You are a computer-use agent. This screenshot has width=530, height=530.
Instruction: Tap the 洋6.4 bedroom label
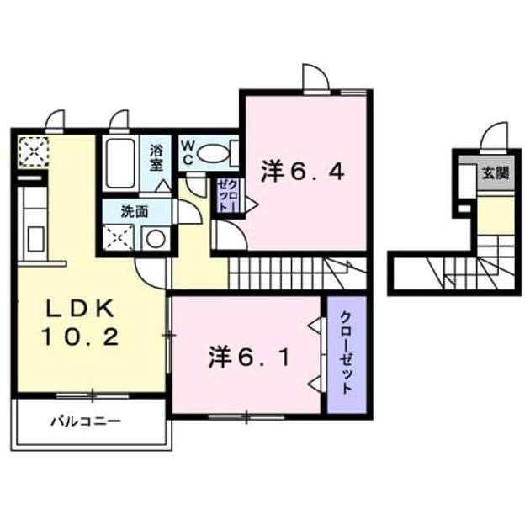tap(303, 172)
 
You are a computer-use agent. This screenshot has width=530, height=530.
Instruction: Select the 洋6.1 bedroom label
tap(249, 358)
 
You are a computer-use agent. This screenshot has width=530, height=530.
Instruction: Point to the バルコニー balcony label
tap(86, 421)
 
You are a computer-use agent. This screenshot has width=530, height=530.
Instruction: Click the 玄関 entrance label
tap(496, 174)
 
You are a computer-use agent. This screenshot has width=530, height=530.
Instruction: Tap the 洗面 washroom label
tap(135, 212)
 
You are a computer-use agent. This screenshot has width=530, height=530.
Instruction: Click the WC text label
tap(187, 153)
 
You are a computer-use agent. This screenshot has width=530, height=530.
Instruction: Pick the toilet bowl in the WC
tap(212, 154)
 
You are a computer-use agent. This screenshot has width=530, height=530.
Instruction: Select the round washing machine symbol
tap(156, 239)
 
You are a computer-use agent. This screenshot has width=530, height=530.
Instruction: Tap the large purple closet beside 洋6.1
tap(347, 355)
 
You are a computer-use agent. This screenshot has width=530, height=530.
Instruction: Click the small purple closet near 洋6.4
tap(228, 196)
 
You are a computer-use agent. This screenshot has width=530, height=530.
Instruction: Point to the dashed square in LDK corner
tap(34, 151)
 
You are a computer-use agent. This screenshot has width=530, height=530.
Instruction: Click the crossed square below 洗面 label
tap(118, 237)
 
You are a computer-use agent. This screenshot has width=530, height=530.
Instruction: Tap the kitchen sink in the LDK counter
tap(36, 239)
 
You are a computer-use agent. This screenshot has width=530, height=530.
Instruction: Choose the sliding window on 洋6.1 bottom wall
tap(246, 416)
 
